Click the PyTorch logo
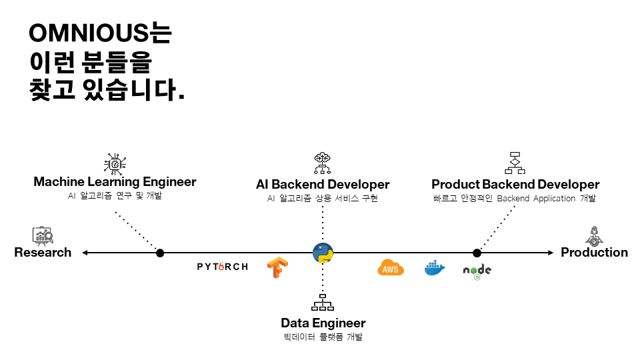[x=223, y=267]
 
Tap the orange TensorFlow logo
[x=277, y=268]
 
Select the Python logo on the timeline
[x=323, y=253]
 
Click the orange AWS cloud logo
[x=391, y=268]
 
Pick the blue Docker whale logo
[x=435, y=268]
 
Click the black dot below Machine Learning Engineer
[x=160, y=253]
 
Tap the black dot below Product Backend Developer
[x=477, y=253]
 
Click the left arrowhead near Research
[x=85, y=253]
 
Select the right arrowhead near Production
[x=551, y=253]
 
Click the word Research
[x=43, y=252]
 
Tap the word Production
[x=594, y=252]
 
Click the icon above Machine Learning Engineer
[x=115, y=164]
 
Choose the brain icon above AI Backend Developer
[x=323, y=163]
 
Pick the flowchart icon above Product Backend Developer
[x=515, y=163]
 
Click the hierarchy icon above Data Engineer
[x=323, y=303]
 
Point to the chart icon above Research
[x=43, y=235]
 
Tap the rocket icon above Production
[x=594, y=236]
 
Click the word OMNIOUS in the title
[x=89, y=33]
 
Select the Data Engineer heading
[x=323, y=323]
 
